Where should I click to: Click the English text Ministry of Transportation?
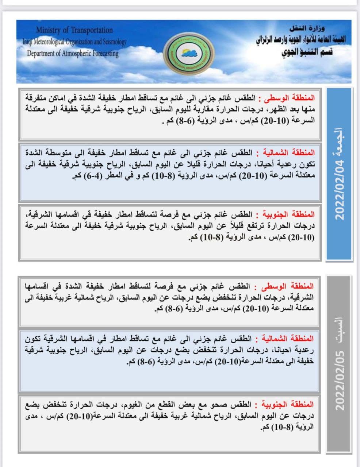click(74, 30)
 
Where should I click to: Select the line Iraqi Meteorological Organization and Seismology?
click(74, 42)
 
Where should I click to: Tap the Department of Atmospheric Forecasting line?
click(73, 53)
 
